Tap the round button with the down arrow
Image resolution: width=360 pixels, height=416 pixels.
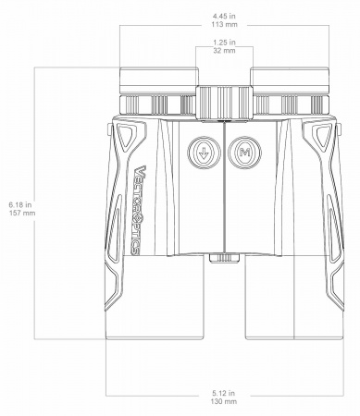[x=202, y=153]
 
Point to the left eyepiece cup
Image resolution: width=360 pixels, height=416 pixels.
[x=155, y=91]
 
